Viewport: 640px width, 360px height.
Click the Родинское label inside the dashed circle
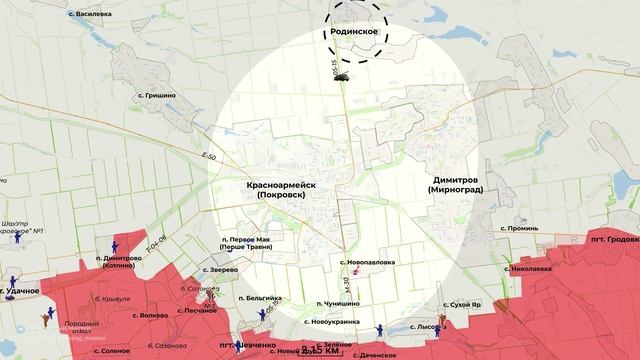coord(353,32)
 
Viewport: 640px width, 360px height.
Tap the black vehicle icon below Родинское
coord(342,75)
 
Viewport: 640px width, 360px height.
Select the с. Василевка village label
coord(89,15)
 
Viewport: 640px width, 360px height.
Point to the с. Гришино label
coord(153,95)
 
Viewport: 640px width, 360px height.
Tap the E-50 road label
coord(208,158)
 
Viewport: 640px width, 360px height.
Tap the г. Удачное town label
coord(21,290)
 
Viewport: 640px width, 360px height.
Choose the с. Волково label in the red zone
coord(151,315)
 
